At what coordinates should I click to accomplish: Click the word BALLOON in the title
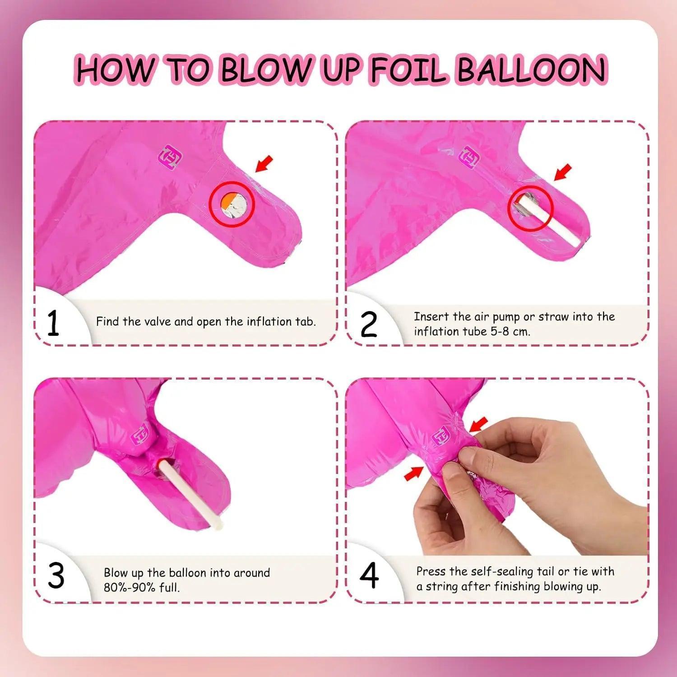531,70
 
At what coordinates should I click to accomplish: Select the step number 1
53,324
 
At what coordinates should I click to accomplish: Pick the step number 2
369,325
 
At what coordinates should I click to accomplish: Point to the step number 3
56,576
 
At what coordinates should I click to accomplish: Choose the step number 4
369,576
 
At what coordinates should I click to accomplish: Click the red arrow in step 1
264,164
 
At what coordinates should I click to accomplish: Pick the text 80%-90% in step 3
130,587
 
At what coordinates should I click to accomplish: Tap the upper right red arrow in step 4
479,424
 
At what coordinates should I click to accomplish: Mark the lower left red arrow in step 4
414,473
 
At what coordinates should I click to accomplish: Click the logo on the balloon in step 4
441,436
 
